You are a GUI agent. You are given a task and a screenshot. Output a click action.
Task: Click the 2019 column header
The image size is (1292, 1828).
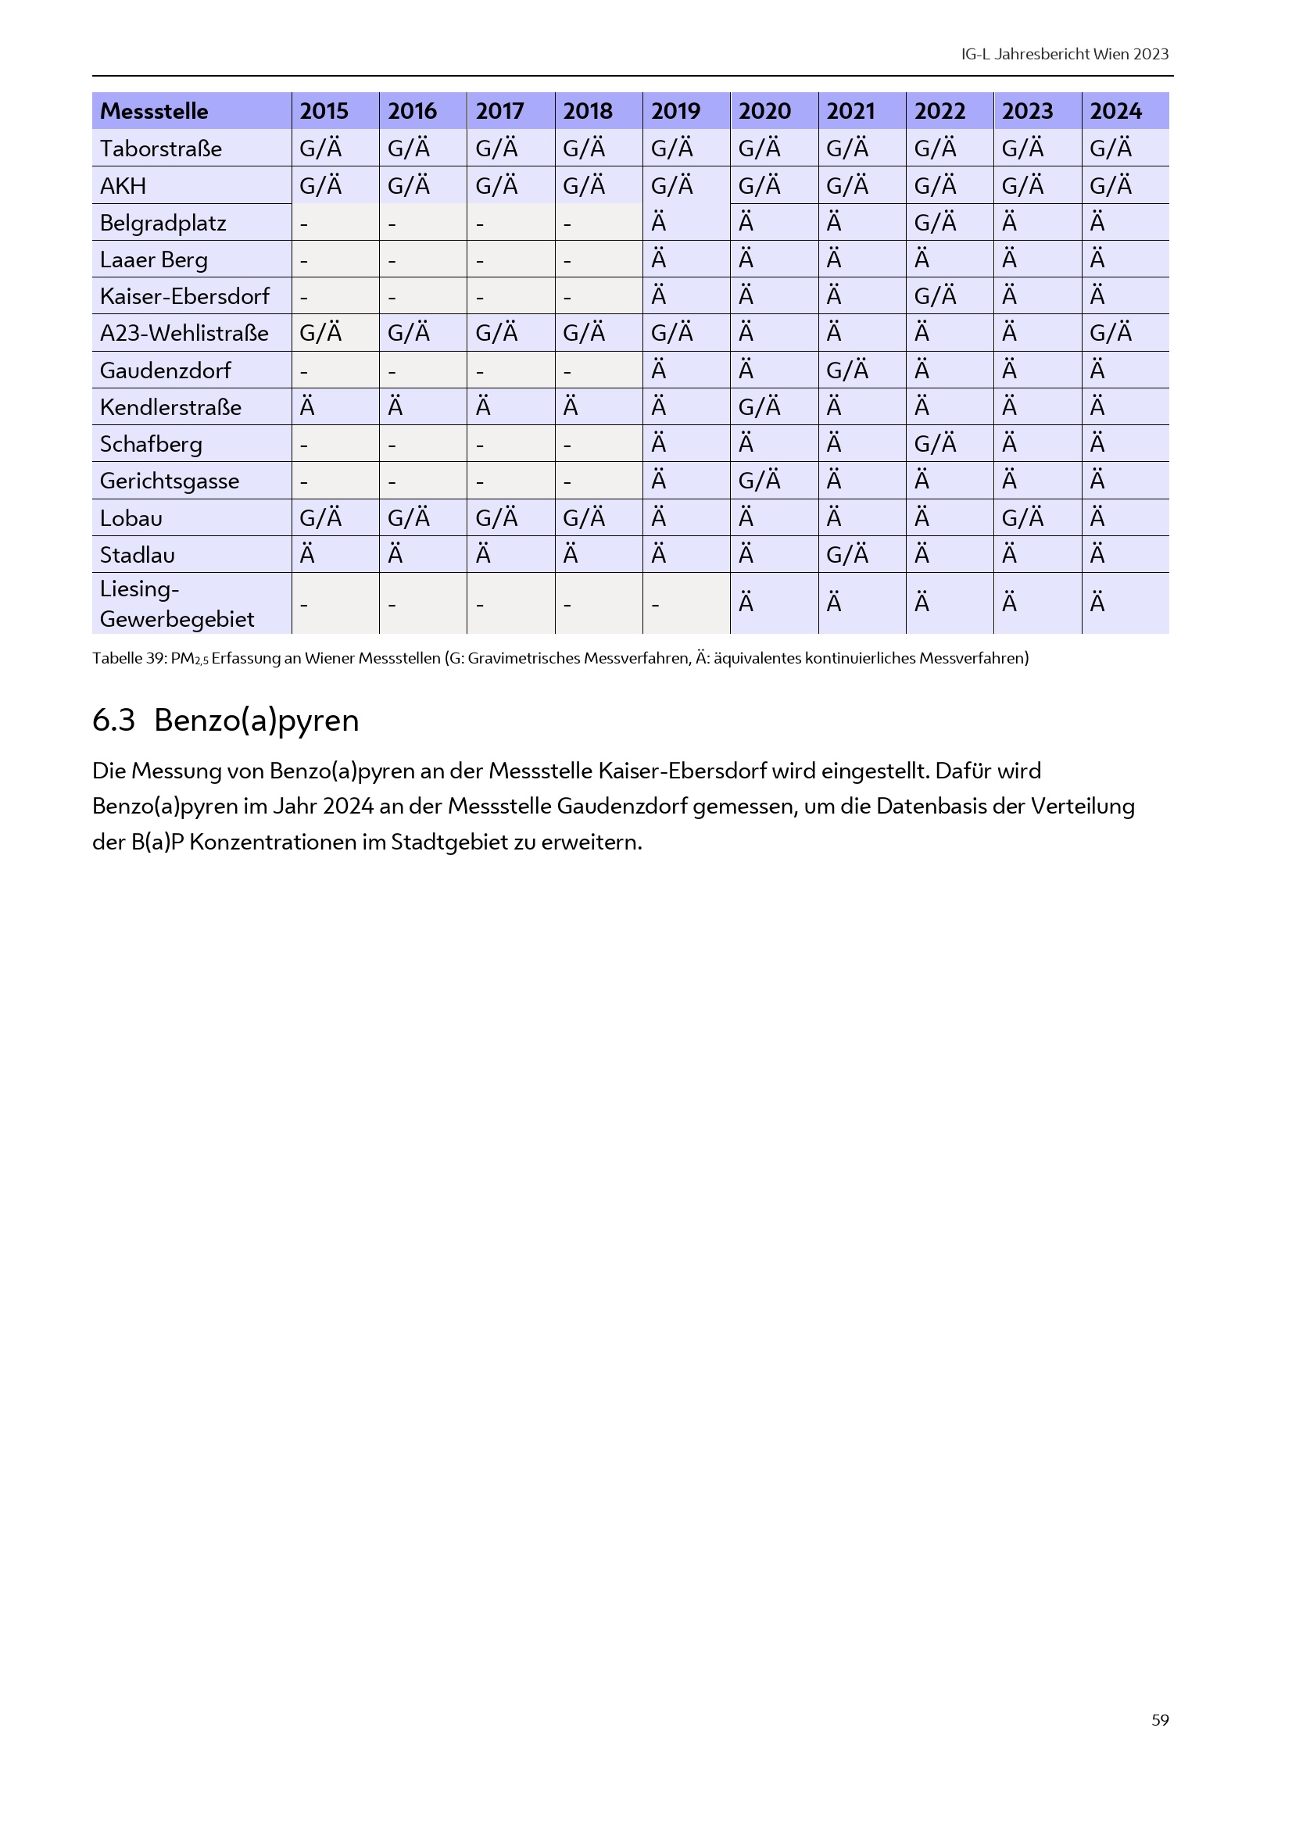tap(675, 111)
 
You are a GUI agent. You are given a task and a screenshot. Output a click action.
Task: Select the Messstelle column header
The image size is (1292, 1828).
tap(154, 111)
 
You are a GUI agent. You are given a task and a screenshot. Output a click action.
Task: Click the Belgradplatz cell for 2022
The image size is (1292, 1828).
tap(935, 222)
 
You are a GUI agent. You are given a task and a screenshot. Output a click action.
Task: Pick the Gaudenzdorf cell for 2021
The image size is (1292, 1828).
tap(847, 370)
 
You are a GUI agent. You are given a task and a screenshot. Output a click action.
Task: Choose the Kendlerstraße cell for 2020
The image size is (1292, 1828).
tap(760, 407)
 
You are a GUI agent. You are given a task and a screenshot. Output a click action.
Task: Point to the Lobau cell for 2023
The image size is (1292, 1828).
tap(1022, 518)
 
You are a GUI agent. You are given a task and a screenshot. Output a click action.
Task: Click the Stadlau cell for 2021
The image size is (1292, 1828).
tap(847, 555)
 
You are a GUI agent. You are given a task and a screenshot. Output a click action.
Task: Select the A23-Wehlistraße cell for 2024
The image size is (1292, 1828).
tap(1111, 333)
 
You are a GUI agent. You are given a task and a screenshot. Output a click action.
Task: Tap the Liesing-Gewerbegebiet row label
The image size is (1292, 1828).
tap(177, 603)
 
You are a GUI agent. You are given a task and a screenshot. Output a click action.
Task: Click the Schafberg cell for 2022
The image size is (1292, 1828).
tap(935, 443)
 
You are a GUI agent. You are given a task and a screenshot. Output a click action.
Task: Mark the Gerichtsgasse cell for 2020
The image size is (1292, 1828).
tap(760, 481)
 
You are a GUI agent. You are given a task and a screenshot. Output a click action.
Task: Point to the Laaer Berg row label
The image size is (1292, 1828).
tap(154, 259)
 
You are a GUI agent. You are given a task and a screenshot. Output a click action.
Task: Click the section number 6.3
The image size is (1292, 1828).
tap(113, 720)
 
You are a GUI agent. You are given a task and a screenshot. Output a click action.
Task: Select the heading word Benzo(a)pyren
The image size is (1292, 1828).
tap(256, 720)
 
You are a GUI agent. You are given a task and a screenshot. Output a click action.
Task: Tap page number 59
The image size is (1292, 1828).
tap(1160, 1719)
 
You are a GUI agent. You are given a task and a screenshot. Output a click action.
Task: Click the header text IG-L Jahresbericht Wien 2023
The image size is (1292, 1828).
tap(1065, 54)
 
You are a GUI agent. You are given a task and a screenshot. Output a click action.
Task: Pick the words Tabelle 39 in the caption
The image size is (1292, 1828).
tap(128, 658)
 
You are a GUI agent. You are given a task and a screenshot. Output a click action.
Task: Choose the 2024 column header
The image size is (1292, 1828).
tap(1115, 111)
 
